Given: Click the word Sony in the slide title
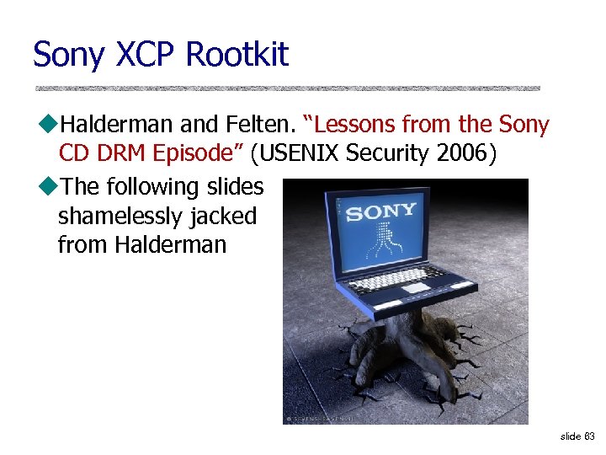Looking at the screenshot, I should (x=68, y=56).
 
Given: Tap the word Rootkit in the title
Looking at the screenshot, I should (x=237, y=56).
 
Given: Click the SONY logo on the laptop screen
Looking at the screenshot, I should (x=380, y=211).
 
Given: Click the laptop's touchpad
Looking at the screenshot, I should (x=416, y=289).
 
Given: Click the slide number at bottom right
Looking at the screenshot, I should (x=577, y=436).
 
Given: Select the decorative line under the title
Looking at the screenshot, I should (x=286, y=88).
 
